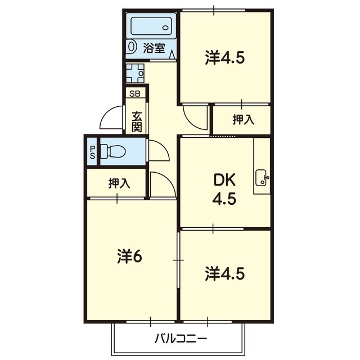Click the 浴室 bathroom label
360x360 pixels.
154,48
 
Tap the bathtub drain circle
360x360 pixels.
165,28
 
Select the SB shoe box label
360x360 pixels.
135,94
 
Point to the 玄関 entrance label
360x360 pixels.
137,121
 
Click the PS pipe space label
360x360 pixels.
92,152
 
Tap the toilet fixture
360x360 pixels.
112,151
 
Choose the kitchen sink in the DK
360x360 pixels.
262,177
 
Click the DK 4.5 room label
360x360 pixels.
224,189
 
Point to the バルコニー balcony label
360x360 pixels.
181,339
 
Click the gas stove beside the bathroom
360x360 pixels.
135,73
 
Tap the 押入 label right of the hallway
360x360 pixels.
244,119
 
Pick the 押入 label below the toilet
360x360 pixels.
119,183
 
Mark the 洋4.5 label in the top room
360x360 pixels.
225,58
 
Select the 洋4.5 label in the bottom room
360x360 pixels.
225,274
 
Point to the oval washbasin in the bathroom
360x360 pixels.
131,47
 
